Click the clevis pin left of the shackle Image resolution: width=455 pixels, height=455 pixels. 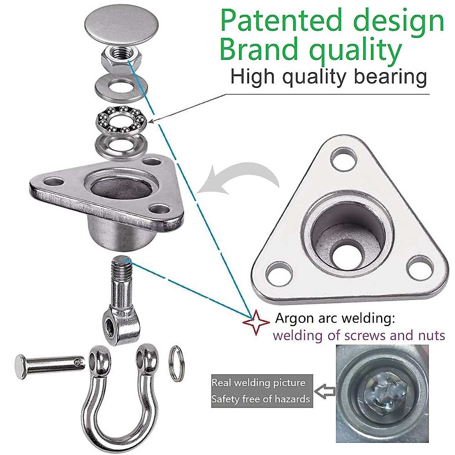tap(49, 364)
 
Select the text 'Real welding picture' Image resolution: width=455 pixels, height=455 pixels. tap(258, 382)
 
